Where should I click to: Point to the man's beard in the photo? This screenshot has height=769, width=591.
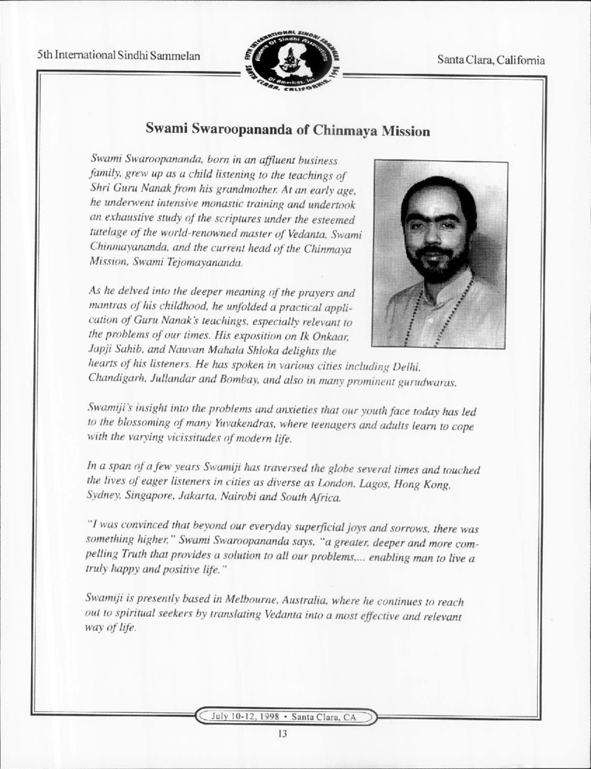(x=437, y=264)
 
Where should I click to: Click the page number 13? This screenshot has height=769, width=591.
(x=282, y=734)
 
